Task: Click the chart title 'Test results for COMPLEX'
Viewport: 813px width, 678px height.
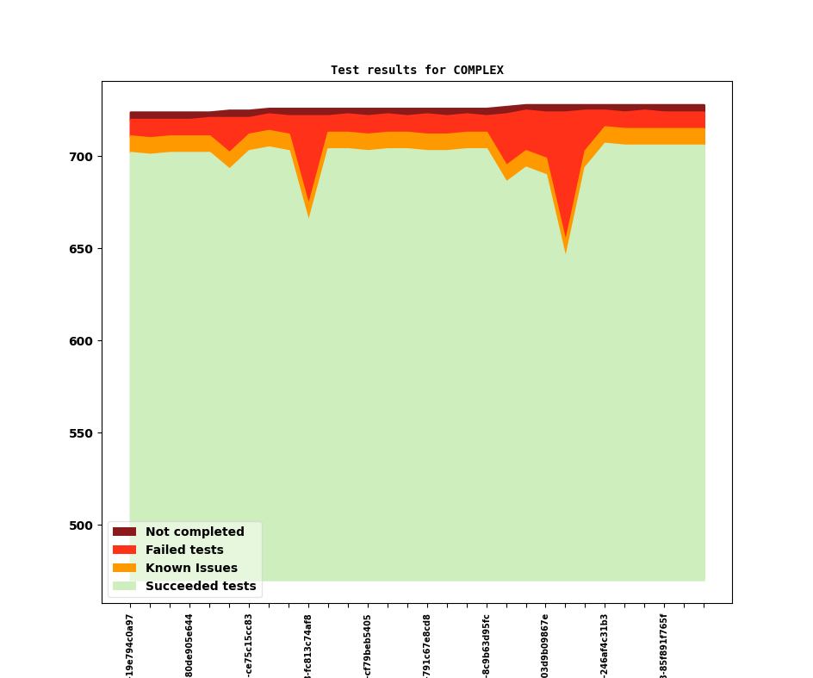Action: pos(417,70)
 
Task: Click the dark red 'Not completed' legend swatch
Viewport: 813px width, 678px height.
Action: pos(124,532)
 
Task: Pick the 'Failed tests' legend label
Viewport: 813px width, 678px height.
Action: pos(184,550)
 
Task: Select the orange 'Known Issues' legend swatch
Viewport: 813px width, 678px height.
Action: pos(124,569)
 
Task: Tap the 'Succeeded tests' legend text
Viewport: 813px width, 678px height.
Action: pos(201,587)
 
